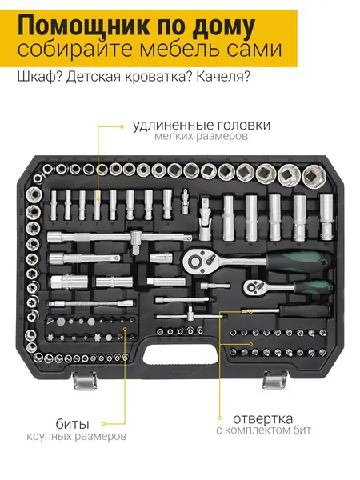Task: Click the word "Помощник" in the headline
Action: pos(84,26)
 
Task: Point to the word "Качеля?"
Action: pos(223,77)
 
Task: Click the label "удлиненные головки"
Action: pos(202,126)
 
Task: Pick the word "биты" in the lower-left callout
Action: pos(73,425)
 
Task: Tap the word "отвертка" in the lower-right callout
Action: pos(262,418)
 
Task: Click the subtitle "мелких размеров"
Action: pos(201,136)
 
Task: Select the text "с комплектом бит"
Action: pos(263,430)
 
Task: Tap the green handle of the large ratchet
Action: pos(298,261)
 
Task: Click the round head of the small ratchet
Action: pos(253,287)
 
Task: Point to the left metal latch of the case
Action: pos(85,381)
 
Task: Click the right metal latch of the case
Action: pos(275,380)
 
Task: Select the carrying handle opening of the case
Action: pos(181,354)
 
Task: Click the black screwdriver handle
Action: pos(305,311)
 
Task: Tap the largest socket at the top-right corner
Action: pos(314,176)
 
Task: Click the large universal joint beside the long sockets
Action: pos(205,218)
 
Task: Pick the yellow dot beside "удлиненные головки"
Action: pos(122,126)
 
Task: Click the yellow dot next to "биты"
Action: pos(104,424)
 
